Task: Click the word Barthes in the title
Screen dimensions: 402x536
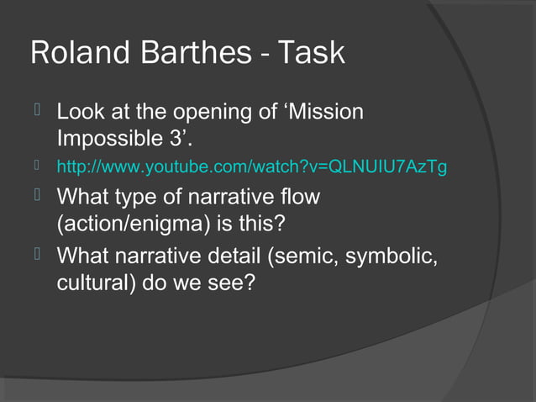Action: [x=195, y=52]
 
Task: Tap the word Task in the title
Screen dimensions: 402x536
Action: [x=311, y=52]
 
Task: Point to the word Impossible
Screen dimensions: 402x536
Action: [x=113, y=137]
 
